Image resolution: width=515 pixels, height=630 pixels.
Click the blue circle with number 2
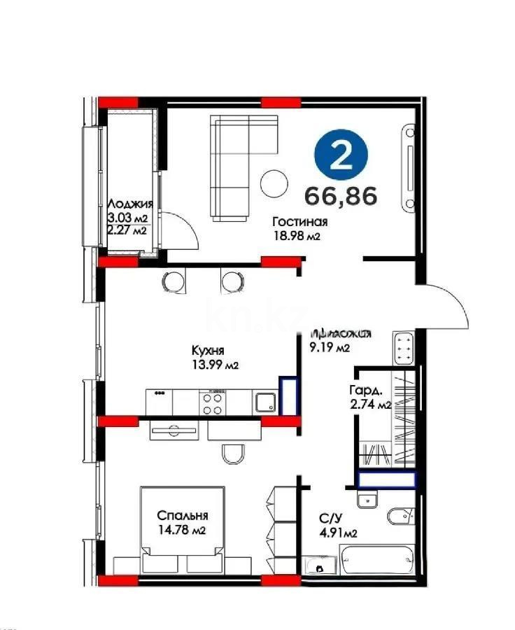click(x=341, y=157)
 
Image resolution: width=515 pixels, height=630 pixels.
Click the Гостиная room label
click(x=300, y=223)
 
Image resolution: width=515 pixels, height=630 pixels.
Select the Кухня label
click(x=209, y=351)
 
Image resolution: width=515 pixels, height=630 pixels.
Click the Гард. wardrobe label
click(x=365, y=391)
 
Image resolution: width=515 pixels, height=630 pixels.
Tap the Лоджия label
click(x=129, y=204)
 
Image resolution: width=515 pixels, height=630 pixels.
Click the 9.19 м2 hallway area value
click(x=328, y=346)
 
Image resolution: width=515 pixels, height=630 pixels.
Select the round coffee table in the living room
click(x=274, y=184)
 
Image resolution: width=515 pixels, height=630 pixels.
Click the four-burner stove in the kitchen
click(x=213, y=402)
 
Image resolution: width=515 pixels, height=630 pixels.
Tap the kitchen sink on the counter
click(x=264, y=402)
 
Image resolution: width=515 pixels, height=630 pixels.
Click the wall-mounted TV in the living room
click(x=408, y=167)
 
